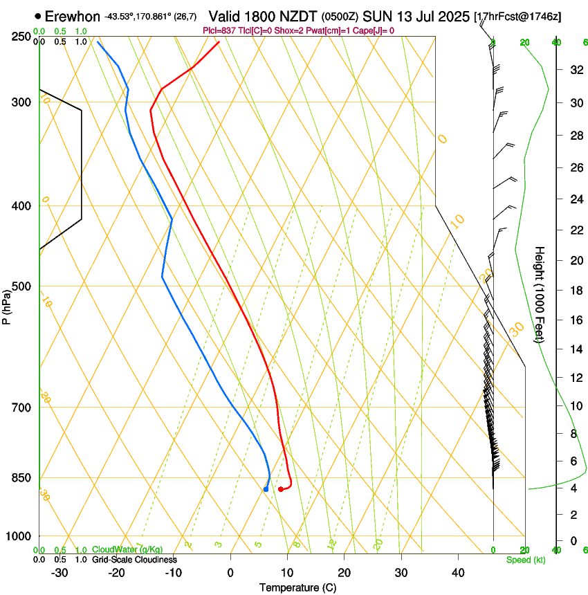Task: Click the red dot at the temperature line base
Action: pos(280,489)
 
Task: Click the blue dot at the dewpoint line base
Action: pos(266,489)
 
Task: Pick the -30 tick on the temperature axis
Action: pos(59,573)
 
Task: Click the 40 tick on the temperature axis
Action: pos(458,573)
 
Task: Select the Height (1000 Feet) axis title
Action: pos(540,295)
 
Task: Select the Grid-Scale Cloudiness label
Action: pos(134,560)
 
